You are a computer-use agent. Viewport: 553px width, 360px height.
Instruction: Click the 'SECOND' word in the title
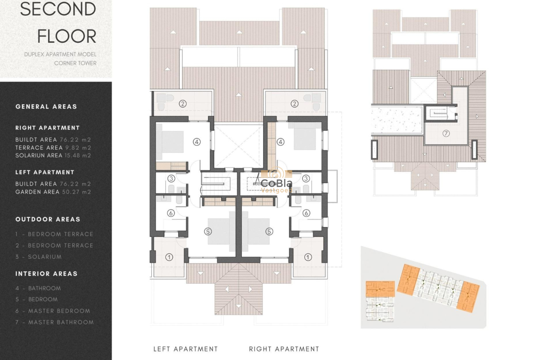coord(58,9)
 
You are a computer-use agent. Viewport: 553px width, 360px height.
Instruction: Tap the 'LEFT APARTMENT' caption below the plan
coord(186,349)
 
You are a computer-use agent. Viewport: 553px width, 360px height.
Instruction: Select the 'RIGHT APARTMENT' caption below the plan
coord(284,349)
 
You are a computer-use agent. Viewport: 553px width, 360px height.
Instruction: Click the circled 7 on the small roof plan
coord(446,133)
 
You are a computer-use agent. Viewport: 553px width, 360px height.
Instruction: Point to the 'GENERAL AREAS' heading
coord(46,107)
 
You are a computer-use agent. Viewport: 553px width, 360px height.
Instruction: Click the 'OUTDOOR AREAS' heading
coord(48,219)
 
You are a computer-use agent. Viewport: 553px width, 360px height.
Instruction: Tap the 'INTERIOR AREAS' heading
coord(46,274)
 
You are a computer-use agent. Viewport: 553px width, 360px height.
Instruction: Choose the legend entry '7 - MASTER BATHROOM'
coord(54,322)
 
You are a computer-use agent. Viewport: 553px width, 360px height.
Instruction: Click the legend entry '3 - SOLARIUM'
coord(39,257)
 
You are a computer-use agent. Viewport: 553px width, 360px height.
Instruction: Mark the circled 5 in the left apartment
coord(208,231)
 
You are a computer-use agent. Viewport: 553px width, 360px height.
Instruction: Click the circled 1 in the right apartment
coord(308,257)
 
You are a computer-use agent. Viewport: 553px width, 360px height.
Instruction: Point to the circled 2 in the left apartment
coord(183,103)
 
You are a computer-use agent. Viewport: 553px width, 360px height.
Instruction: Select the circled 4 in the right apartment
coord(281,142)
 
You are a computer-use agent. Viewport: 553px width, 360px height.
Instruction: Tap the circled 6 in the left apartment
coord(170,213)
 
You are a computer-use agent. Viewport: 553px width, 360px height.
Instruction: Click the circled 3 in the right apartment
coord(306,179)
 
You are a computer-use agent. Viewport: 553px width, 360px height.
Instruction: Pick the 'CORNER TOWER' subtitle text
coord(75,63)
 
